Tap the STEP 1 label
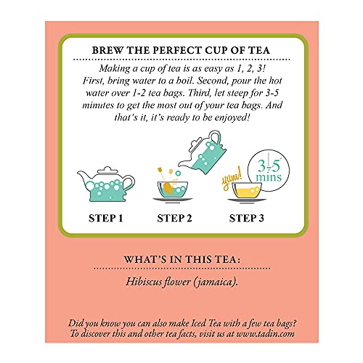click(x=106, y=219)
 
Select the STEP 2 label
click(x=174, y=219)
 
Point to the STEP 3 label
click(x=246, y=219)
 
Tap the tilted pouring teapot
click(x=203, y=152)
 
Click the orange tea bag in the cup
click(x=168, y=188)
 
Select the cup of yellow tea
click(x=247, y=192)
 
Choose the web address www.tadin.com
click(x=266, y=334)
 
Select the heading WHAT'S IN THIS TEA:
click(x=182, y=260)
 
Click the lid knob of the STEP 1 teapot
click(x=107, y=168)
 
